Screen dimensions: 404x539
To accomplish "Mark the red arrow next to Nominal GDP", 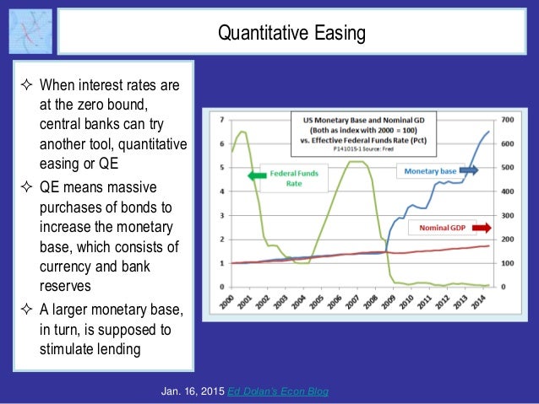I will [482, 227].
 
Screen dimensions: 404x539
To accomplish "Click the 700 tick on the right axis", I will [507, 120].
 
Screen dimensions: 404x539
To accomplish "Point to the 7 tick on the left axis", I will [221, 120].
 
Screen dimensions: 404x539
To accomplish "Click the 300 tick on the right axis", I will [507, 215].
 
